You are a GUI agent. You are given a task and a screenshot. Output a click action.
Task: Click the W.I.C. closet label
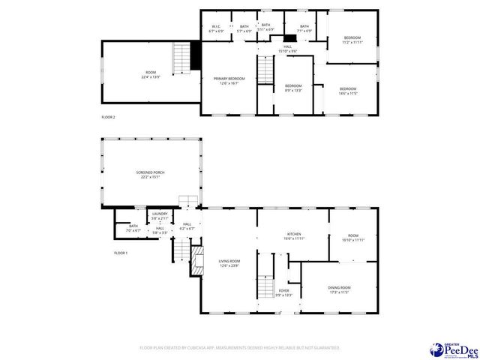[x=216, y=28]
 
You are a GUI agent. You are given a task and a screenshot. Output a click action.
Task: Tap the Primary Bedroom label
[x=229, y=80]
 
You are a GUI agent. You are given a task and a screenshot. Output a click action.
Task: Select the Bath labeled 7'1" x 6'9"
[x=304, y=28]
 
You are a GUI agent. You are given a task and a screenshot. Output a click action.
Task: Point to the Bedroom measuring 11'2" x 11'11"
[x=352, y=40]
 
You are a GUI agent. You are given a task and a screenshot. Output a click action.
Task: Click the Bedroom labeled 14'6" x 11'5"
[x=348, y=91]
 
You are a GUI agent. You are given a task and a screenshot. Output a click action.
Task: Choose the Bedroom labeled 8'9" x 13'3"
[x=292, y=88]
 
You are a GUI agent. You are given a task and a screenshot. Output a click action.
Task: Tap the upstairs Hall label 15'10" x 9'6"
[x=288, y=49]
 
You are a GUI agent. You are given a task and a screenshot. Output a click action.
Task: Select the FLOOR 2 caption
[x=109, y=117]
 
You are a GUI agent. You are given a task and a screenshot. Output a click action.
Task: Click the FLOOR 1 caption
[x=121, y=253]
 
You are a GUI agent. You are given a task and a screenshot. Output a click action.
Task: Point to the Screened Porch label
[x=150, y=175]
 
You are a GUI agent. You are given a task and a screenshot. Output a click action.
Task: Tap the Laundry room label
[x=160, y=216]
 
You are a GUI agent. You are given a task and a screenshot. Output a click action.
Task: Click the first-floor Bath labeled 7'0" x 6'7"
[x=133, y=228]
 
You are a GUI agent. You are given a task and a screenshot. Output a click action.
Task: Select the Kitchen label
[x=294, y=236]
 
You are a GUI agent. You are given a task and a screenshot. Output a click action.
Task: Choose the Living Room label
[x=229, y=263]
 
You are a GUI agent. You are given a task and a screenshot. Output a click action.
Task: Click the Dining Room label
[x=339, y=289]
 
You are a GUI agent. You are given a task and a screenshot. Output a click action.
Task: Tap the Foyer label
[x=283, y=292]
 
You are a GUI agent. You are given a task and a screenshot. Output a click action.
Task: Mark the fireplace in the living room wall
[x=197, y=259]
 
